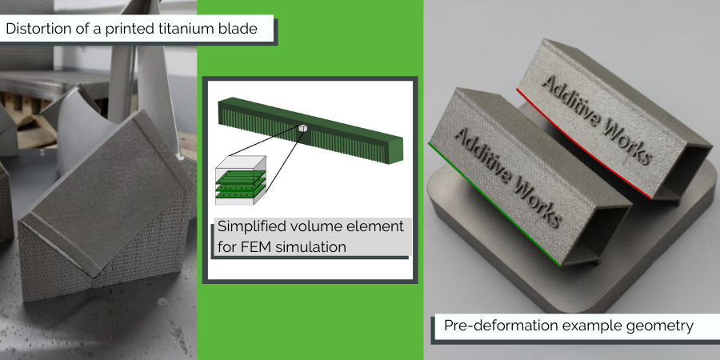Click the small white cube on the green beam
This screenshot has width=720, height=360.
[302, 128]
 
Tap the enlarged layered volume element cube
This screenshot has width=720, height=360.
[241, 179]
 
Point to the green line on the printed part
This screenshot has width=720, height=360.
[494, 204]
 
